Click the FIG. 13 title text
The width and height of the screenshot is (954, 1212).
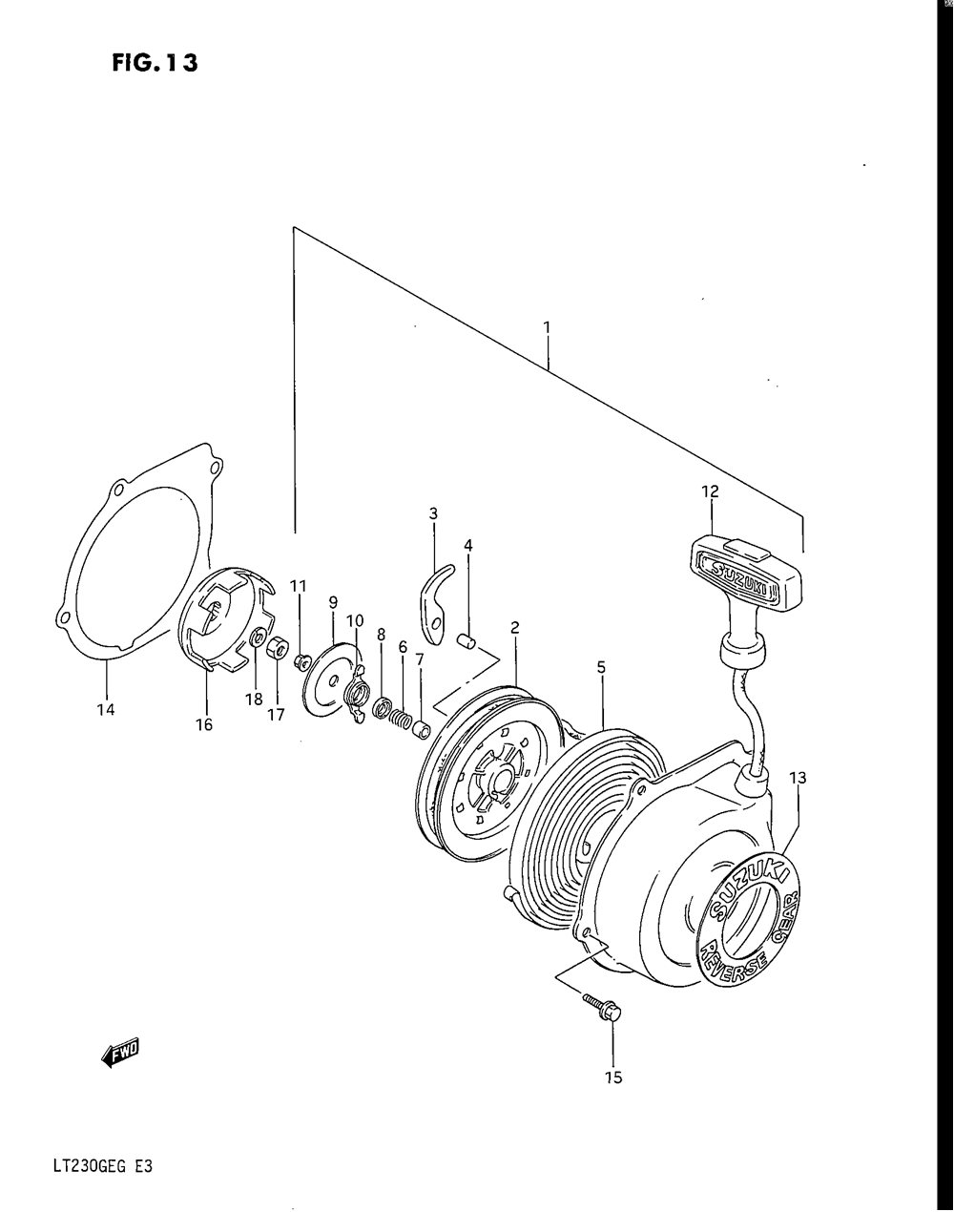[x=154, y=63]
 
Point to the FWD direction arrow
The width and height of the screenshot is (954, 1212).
[x=120, y=1054]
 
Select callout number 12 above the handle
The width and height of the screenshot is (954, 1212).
[x=710, y=491]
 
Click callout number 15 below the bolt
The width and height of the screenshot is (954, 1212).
[x=612, y=1077]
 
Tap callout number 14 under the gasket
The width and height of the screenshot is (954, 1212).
[x=105, y=709]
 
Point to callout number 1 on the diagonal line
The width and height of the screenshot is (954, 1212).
[x=547, y=327]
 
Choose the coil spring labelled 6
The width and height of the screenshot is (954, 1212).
[x=403, y=712]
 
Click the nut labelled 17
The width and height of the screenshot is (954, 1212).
[x=276, y=648]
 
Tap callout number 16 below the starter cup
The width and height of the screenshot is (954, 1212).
[x=204, y=724]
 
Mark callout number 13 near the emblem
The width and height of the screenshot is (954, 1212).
[x=798, y=778]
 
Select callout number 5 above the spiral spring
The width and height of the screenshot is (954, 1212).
[x=601, y=668]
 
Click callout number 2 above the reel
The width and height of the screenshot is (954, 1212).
[x=514, y=627]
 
